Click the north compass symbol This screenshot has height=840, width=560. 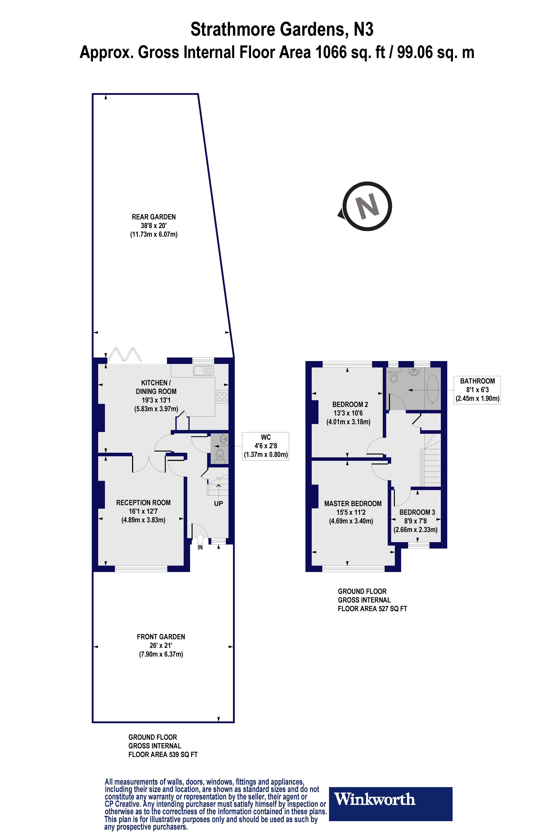point(367,206)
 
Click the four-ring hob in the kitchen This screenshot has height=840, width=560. point(222,397)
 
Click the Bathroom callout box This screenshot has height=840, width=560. point(477,390)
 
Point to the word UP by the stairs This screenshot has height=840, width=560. point(218,504)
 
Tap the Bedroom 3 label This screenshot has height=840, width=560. point(417,512)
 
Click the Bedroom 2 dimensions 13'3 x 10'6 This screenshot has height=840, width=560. point(348,413)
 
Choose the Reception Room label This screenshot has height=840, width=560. point(143,503)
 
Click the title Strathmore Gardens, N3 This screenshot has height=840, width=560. point(282,29)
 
